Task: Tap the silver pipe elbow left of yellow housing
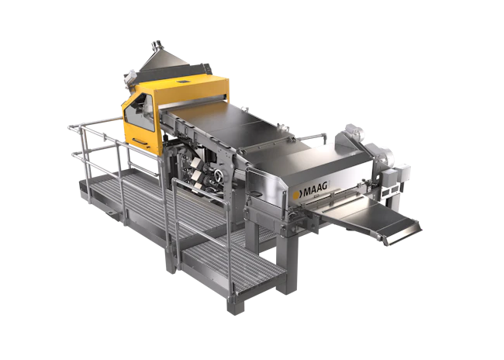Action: pos(127,78)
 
